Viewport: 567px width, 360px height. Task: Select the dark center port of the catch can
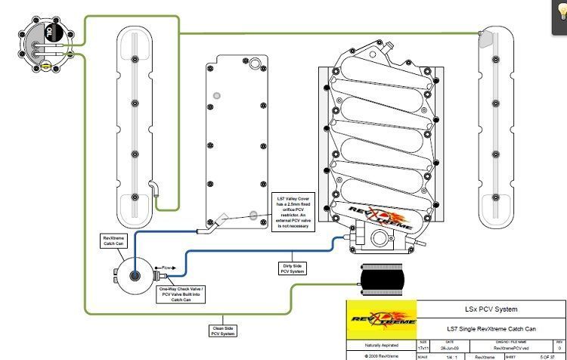tap(134, 277)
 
